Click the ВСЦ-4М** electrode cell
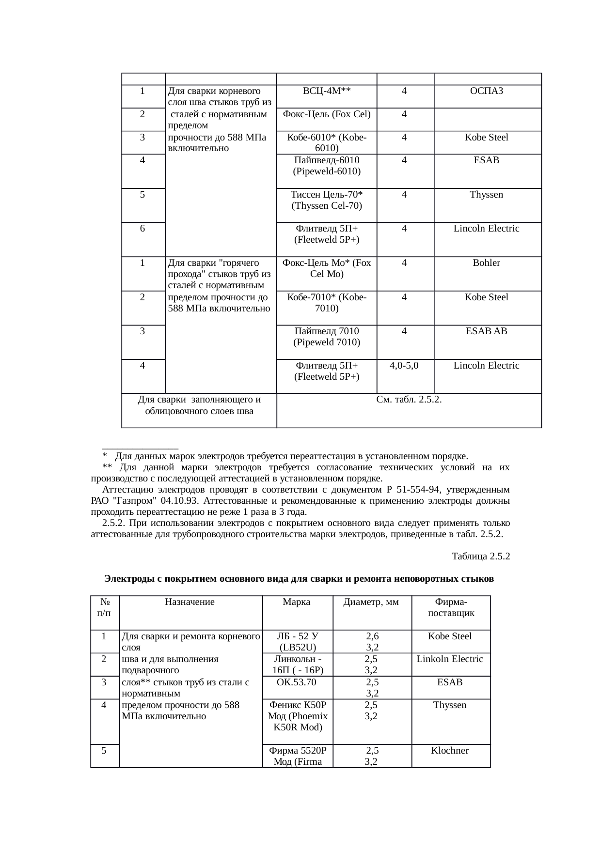(327, 91)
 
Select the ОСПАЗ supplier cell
(487, 91)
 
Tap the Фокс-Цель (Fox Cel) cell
(327, 114)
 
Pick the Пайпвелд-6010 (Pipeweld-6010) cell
(327, 166)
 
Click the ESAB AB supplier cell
(487, 331)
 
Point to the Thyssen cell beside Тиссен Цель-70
(487, 195)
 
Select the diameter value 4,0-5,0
(404, 366)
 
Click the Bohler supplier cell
(487, 263)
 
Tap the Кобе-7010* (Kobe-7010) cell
(327, 303)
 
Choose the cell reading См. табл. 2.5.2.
(409, 400)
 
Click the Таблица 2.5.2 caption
(481, 556)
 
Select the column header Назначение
(190, 603)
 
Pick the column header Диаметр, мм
(371, 603)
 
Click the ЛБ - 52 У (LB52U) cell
(298, 642)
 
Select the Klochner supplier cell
(450, 751)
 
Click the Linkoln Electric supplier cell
(450, 659)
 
